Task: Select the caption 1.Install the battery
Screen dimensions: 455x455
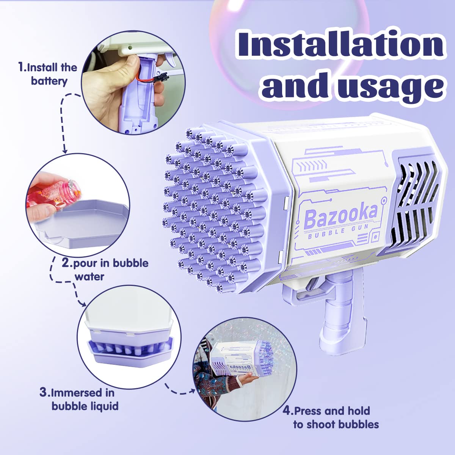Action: (48, 74)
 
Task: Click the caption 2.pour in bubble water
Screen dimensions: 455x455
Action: (105, 270)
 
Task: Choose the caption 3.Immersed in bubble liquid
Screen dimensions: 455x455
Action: (79, 400)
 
